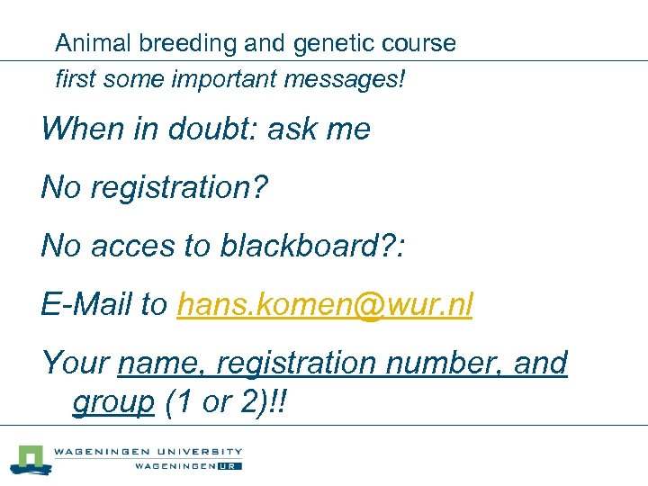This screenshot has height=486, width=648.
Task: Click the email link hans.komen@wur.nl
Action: coord(325,305)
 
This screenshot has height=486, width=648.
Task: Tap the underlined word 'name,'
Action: coord(164,363)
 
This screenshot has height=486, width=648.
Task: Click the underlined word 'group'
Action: coord(113,402)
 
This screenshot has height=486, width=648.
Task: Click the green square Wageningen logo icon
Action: coord(30,458)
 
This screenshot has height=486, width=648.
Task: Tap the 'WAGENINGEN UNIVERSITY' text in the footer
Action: coord(148,452)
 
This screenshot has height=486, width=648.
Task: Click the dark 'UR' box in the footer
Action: coord(230,466)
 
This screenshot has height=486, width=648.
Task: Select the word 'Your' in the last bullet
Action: coord(76,363)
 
